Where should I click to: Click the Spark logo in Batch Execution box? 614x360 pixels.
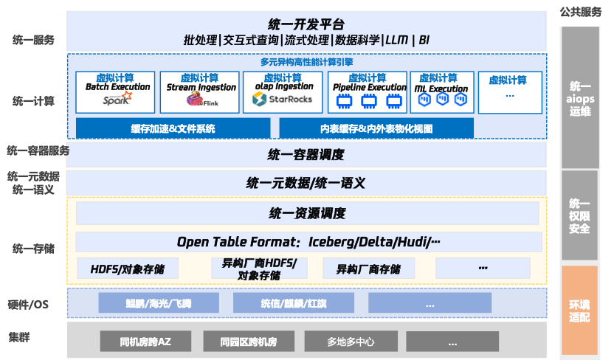116,100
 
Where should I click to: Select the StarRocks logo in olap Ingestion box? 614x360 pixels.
283,99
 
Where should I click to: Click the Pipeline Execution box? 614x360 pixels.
368,92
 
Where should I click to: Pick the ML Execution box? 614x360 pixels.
441,92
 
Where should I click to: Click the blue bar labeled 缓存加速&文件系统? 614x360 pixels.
173,128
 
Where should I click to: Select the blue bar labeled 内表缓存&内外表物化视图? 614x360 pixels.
376,128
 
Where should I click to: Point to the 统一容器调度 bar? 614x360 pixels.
306,155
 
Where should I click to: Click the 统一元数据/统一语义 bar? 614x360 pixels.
306,183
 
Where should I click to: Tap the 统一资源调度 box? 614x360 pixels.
306,214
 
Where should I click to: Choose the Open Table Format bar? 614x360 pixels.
306,242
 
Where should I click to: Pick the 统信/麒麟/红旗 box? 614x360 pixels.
294,303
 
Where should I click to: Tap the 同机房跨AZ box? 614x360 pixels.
145,341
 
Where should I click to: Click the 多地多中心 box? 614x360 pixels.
351,341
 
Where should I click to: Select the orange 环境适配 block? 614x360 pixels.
579,305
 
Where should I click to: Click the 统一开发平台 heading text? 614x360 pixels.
306,25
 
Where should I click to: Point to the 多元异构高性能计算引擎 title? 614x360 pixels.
306,62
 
